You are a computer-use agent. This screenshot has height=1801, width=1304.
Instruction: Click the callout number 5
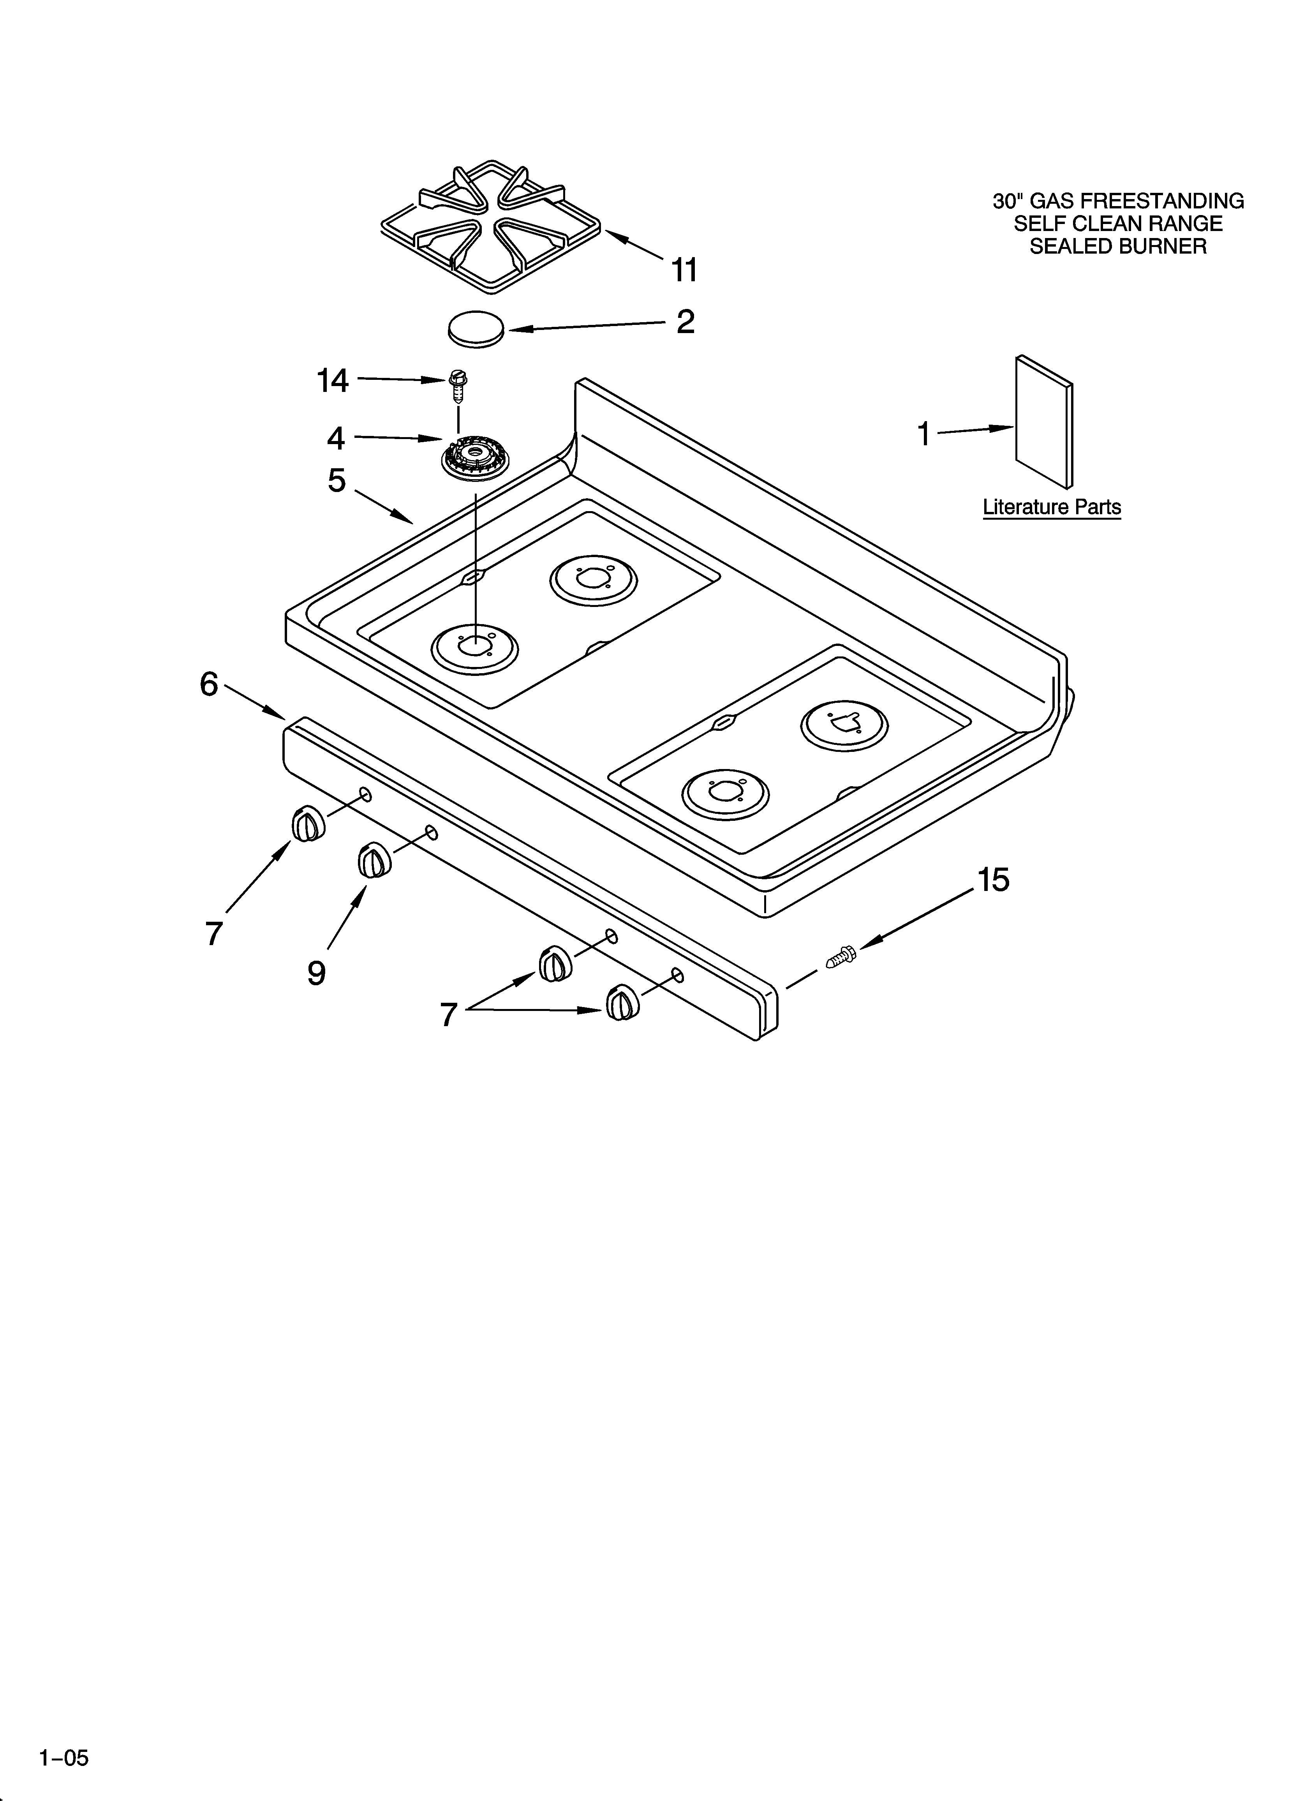[x=337, y=480]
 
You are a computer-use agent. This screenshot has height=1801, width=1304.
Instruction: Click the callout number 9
[x=316, y=972]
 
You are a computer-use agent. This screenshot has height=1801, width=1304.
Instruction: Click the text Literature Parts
[x=1052, y=506]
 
